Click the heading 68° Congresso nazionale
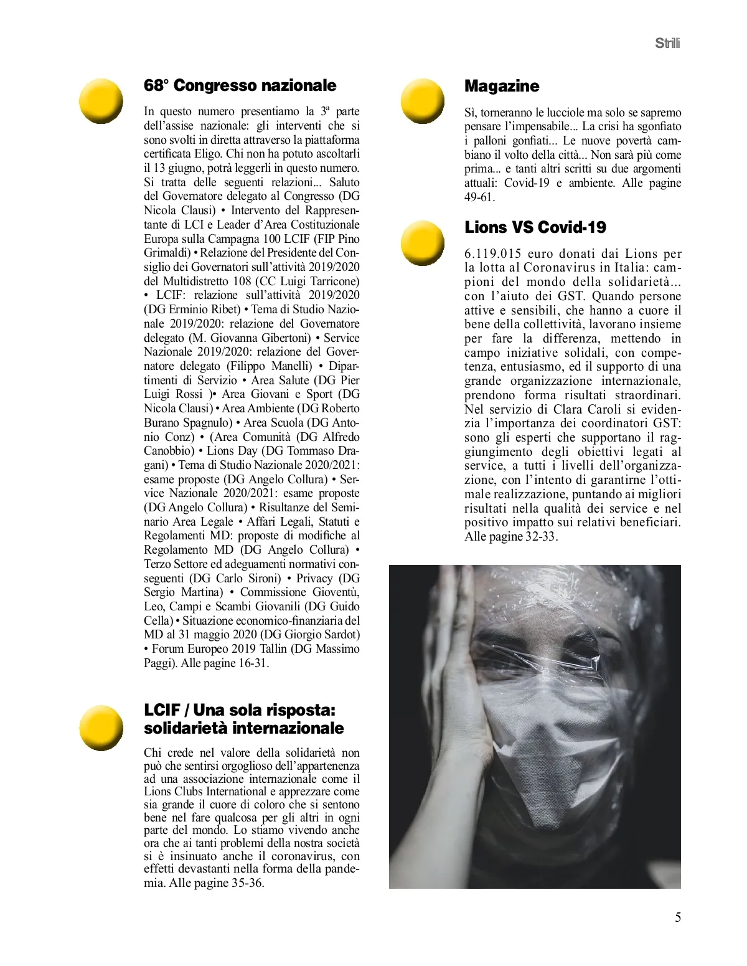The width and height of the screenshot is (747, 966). click(240, 85)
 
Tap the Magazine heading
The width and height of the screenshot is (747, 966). click(502, 86)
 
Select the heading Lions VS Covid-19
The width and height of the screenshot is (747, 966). click(535, 227)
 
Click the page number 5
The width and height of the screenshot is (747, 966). click(678, 917)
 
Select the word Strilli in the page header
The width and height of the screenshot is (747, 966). click(668, 44)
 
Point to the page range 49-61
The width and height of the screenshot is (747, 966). click(480, 197)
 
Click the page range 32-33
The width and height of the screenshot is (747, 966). click(540, 537)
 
